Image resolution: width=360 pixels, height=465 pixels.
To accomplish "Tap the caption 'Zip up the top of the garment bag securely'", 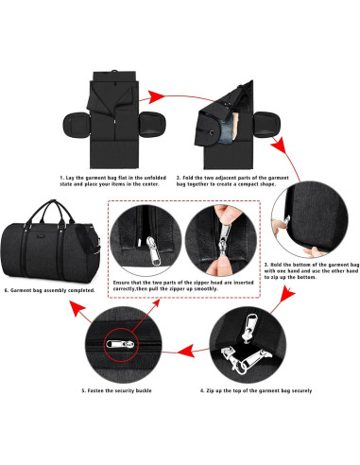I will pyautogui.click(x=257, y=389).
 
